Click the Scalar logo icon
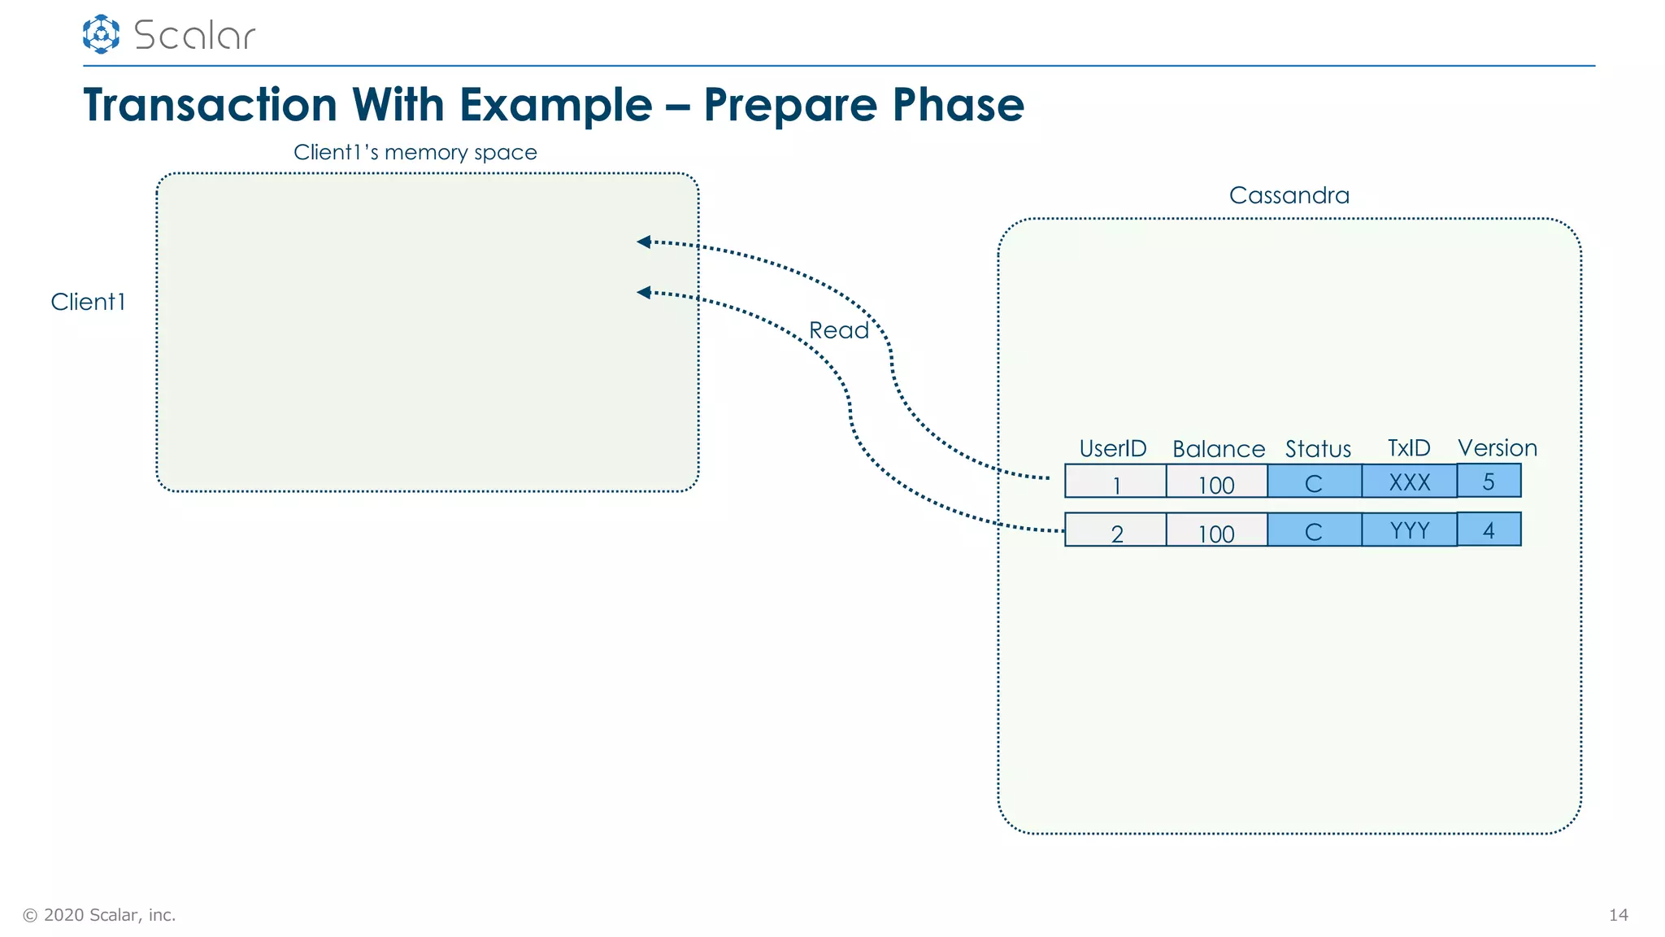[x=101, y=34]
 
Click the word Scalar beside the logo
[x=194, y=36]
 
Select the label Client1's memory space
[x=415, y=152]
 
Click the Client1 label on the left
[x=88, y=302]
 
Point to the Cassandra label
[x=1289, y=195]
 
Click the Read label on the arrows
[x=838, y=330]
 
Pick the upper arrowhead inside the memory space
[x=644, y=242]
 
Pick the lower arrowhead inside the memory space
[x=644, y=292]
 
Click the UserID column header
[x=1112, y=448]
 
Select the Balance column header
[x=1218, y=449]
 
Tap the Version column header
[x=1497, y=448]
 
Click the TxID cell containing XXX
[x=1409, y=482]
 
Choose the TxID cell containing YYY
[x=1409, y=530]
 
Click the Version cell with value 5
[x=1489, y=481]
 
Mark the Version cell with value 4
[x=1489, y=530]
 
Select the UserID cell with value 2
[x=1115, y=531]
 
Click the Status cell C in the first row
[x=1314, y=482]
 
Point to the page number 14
[x=1618, y=915]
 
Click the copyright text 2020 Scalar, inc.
[x=99, y=915]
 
